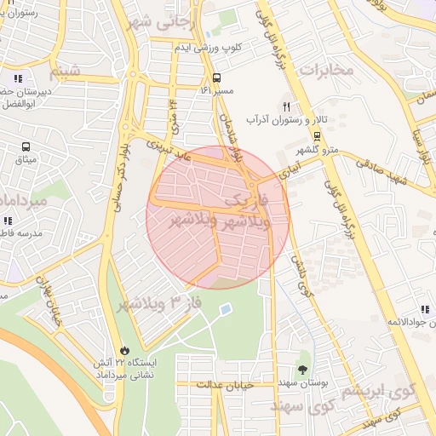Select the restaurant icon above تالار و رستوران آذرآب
[x=287, y=107]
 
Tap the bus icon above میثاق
[x=26, y=146]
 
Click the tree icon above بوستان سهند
[x=302, y=369]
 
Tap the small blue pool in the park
[x=225, y=309]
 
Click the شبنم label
[x=66, y=70]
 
